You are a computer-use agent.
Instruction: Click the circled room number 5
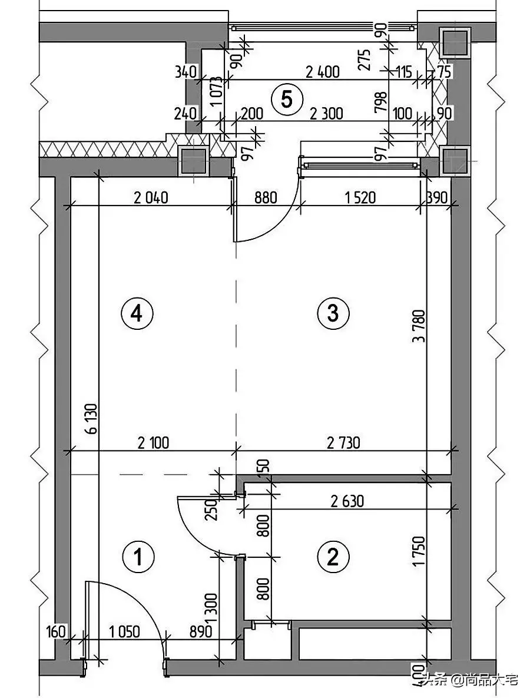pos(287,99)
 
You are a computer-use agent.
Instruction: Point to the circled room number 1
pos(138,557)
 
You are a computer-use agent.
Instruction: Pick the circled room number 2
pos(333,557)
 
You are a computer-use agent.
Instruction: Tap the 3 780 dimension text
pos(419,326)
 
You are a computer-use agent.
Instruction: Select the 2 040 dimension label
pos(151,197)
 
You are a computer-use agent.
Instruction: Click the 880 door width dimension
pos(266,197)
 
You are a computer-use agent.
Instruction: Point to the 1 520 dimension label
pos(360,197)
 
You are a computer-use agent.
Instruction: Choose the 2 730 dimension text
pos(343,443)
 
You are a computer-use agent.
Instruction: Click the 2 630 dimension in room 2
pos(347,501)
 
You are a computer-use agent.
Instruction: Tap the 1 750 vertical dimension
pos(419,551)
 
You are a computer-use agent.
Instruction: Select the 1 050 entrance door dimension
pos(124,631)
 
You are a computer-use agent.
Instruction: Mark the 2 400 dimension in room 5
pos(323,72)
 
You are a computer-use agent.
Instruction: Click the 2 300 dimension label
pos(326,114)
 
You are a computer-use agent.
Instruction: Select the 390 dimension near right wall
pos(436,197)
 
